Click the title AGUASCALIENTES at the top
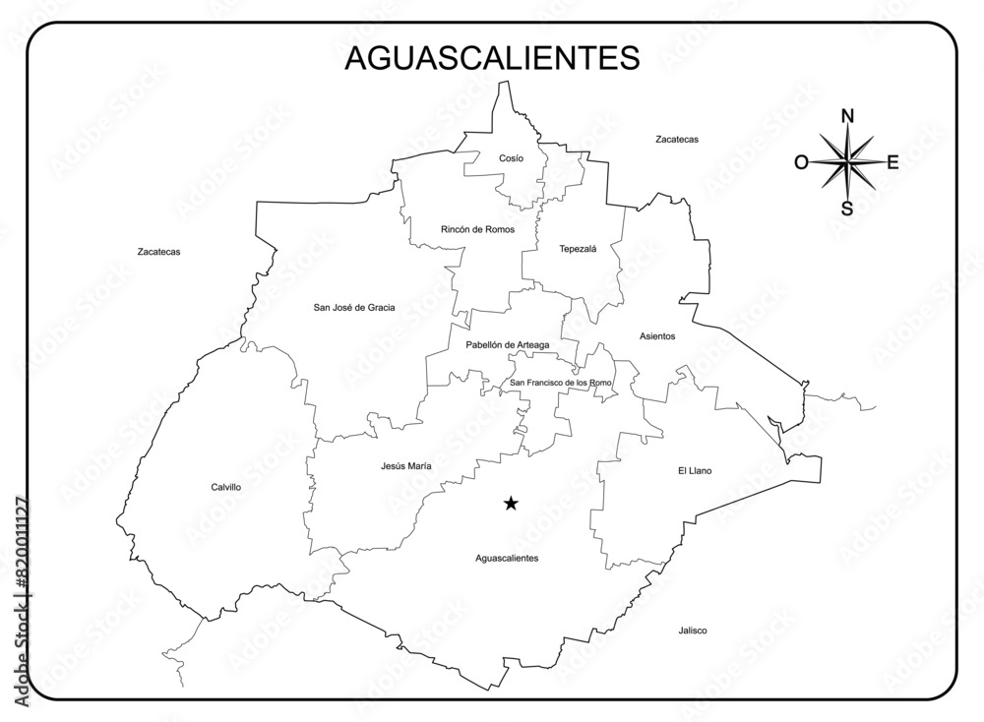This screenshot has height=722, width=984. (492, 58)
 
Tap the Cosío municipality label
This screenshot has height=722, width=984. (511, 158)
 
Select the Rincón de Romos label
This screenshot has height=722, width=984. (477, 229)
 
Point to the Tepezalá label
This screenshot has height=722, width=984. (578, 249)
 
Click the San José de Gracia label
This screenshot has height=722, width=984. (354, 308)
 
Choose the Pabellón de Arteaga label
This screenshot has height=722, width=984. (508, 345)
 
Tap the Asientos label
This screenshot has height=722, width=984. (657, 336)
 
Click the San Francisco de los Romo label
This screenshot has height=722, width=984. (561, 383)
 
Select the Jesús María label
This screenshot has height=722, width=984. (405, 466)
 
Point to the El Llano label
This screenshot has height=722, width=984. (695, 470)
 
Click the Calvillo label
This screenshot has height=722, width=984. (225, 487)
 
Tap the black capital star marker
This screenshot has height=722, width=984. (511, 504)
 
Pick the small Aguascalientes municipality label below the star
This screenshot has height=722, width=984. (507, 558)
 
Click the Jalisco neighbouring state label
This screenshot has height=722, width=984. (692, 631)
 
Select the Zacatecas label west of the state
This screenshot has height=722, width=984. (158, 252)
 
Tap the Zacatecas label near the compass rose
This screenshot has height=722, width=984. (677, 140)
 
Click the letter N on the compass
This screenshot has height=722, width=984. (847, 117)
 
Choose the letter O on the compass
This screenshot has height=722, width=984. (802, 162)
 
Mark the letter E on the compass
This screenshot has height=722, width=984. (892, 162)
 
